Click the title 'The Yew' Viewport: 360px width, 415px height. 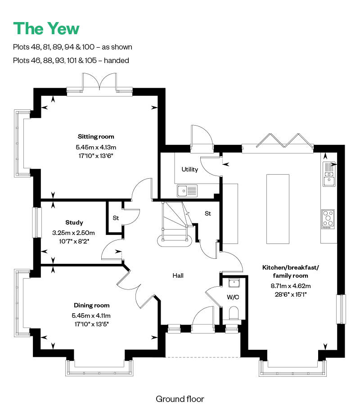[46, 29]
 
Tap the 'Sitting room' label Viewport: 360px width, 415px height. [96, 136]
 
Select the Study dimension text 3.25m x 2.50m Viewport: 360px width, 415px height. [73, 233]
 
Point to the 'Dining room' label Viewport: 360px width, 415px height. [91, 305]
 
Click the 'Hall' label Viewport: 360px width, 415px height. [178, 275]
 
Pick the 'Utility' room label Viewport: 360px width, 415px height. [189, 169]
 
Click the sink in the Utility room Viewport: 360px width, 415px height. [187, 191]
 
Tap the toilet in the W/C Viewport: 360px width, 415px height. [234, 313]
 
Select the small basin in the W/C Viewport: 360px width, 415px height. [234, 283]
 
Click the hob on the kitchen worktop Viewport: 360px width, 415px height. [328, 219]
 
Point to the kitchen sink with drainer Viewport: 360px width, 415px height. [329, 174]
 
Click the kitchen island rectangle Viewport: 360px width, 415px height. [278, 209]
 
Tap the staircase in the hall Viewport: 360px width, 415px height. [175, 224]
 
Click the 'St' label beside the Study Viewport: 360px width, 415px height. [116, 218]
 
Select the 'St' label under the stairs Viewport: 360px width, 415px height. [207, 213]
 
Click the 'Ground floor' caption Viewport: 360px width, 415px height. [180, 399]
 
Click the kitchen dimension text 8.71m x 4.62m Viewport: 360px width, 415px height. [290, 286]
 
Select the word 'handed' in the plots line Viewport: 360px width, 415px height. [117, 60]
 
